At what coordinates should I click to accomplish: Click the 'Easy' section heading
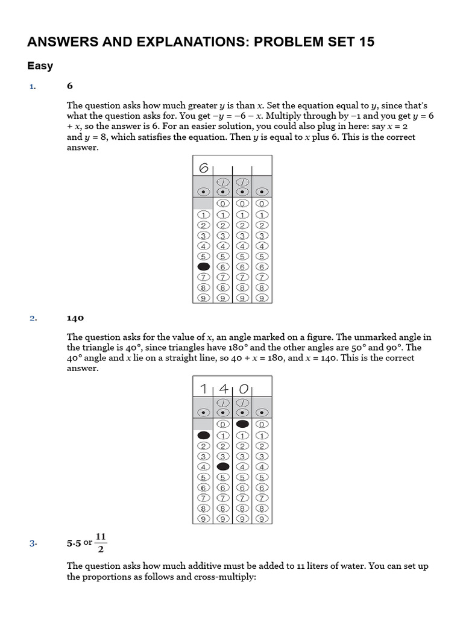pyautogui.click(x=40, y=66)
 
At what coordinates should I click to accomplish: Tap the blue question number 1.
pyautogui.click(x=33, y=87)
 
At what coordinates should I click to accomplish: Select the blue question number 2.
pyautogui.click(x=33, y=318)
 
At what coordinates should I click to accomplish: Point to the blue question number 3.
pyautogui.click(x=33, y=543)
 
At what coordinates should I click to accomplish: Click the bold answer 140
pyautogui.click(x=75, y=318)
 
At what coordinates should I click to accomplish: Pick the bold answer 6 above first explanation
pyautogui.click(x=70, y=87)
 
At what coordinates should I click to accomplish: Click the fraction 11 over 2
pyautogui.click(x=101, y=542)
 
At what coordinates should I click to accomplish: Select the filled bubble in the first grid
pyautogui.click(x=204, y=266)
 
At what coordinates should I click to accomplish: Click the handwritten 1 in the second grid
pyautogui.click(x=204, y=389)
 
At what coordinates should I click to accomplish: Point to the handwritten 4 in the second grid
pyautogui.click(x=223, y=389)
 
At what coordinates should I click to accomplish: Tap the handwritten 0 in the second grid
pyautogui.click(x=243, y=389)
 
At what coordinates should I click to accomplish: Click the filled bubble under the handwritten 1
pyautogui.click(x=204, y=435)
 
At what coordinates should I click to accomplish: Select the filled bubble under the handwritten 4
pyautogui.click(x=223, y=466)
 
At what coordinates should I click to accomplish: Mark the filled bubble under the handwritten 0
pyautogui.click(x=243, y=424)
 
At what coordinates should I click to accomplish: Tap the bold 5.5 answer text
pyautogui.click(x=74, y=543)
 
